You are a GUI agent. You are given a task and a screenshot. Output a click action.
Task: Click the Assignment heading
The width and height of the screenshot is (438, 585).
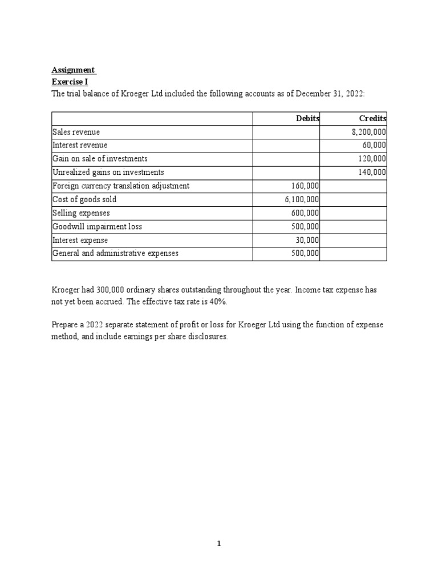tap(74, 70)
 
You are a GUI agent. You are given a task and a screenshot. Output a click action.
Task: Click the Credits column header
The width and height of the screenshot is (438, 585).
tap(372, 118)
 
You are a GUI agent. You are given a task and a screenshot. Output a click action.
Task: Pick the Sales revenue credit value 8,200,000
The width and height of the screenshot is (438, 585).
tap(368, 132)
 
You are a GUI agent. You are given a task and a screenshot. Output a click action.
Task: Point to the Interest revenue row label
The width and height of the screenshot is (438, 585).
tap(80, 145)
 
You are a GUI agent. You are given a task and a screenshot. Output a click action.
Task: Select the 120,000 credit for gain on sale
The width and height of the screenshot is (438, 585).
tap(374, 159)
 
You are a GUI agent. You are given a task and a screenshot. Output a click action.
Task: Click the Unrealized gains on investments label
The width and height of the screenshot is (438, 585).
tap(108, 172)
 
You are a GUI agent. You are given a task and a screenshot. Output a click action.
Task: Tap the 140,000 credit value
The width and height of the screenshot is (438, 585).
tap(374, 172)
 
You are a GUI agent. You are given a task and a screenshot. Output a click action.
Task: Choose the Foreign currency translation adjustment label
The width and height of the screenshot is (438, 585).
tap(121, 186)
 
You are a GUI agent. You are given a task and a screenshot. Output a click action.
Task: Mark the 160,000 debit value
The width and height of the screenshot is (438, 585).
tap(305, 186)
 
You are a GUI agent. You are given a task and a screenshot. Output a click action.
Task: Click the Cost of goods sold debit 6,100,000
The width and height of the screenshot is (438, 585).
tap(302, 199)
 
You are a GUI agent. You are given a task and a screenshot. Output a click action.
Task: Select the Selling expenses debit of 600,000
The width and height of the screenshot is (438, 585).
tap(305, 213)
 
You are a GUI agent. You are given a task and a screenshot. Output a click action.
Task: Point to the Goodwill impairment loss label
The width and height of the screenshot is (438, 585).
tap(97, 227)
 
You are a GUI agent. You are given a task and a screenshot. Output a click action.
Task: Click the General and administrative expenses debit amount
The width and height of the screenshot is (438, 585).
tap(305, 254)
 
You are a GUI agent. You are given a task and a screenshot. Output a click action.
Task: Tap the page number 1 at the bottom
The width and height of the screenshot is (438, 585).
tap(218, 544)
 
